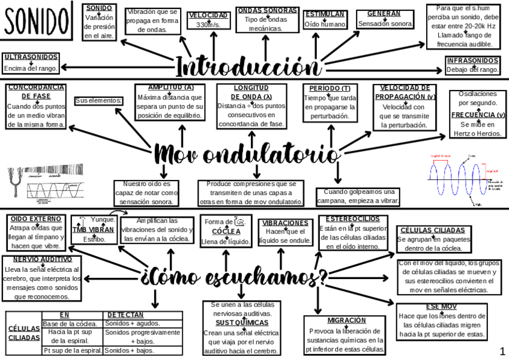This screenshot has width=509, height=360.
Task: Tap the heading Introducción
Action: coord(247,65)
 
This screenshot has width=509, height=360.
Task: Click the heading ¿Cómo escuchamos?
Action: coord(234,278)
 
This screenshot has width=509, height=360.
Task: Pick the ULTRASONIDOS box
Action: coord(31,62)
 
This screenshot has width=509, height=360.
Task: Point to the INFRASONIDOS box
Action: coord(472,65)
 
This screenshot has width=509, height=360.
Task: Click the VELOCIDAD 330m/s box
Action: coord(208,20)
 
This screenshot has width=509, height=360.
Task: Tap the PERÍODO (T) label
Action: coord(330,88)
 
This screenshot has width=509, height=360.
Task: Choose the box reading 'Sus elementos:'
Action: coord(98,101)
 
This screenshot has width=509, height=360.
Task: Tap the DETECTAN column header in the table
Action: coord(125,314)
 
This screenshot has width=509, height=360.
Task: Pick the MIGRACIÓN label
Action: coord(347,320)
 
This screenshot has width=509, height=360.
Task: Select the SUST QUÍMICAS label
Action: coord(240,322)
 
